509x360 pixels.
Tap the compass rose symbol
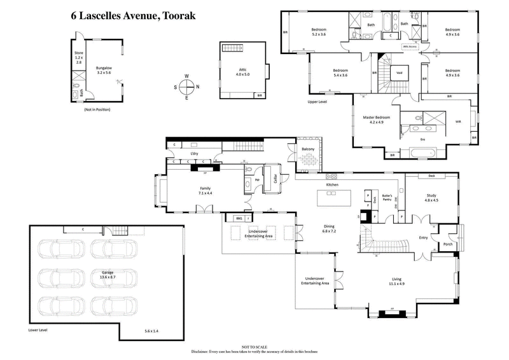pos(187,87)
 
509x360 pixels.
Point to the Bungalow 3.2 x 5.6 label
pos(103,70)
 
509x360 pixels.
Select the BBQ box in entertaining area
pos(239,218)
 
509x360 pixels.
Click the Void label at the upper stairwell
pos(399,72)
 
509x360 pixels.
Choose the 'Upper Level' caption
pos(317,101)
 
